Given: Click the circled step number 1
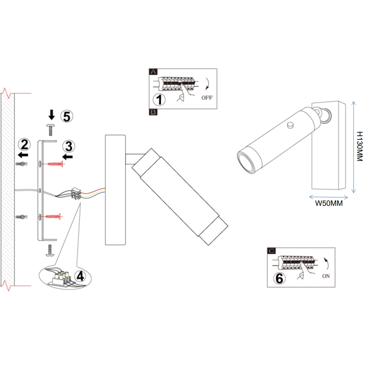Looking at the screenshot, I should tap(159, 99).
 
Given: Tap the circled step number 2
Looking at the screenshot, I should tap(25, 144).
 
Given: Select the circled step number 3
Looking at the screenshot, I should tap(69, 146).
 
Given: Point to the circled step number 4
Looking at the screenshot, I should tap(80, 275).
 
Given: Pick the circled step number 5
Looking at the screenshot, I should tap(66, 116).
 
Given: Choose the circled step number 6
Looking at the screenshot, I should tap(279, 278).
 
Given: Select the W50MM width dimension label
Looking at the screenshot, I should tap(329, 203).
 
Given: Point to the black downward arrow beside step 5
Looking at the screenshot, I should tap(51, 115).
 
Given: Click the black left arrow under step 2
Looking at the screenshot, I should tap(23, 154).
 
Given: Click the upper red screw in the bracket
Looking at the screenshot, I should tap(55, 164).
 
